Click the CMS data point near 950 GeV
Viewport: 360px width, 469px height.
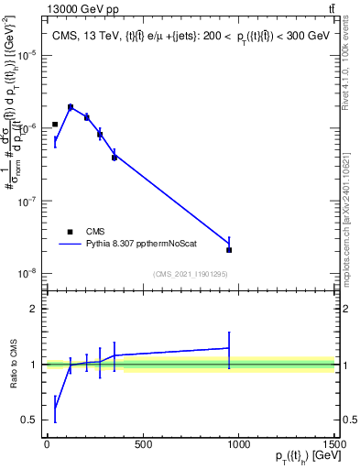[229, 249]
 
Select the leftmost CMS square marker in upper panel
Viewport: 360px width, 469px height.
[55, 125]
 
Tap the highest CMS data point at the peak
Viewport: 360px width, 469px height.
[71, 107]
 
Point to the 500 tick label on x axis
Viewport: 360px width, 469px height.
[142, 444]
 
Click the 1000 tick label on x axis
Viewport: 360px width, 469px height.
[238, 444]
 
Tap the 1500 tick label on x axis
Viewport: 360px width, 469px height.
[334, 444]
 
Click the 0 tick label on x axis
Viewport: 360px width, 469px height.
[47, 444]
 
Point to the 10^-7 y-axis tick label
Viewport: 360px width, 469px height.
[27, 201]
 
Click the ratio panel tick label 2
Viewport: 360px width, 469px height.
[35, 309]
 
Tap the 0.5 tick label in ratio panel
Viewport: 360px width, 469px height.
[30, 420]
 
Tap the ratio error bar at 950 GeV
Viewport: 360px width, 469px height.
[229, 348]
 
